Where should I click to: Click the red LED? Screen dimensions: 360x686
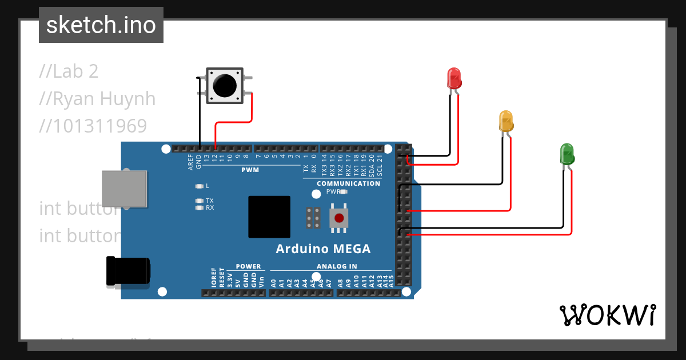click(x=453, y=78)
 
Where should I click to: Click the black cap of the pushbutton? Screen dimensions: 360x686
click(x=224, y=86)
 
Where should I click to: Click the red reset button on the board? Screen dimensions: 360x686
click(x=339, y=218)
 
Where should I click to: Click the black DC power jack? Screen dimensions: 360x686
click(x=128, y=270)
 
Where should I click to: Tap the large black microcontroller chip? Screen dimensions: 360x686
click(x=269, y=217)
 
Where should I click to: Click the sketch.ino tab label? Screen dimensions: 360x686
click(x=101, y=25)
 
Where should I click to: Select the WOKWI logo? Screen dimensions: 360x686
click(x=607, y=315)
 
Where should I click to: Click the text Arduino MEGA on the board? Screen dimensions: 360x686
click(x=323, y=249)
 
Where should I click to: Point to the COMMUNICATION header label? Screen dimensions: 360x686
click(x=348, y=183)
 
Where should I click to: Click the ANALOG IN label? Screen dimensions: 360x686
click(x=337, y=266)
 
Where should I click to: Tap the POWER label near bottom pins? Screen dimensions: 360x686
click(x=248, y=266)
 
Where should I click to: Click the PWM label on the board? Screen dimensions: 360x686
click(x=250, y=170)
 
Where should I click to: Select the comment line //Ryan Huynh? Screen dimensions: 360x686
click(x=97, y=99)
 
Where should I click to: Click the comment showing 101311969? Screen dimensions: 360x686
click(x=93, y=126)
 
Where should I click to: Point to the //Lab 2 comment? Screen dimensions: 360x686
click(x=69, y=71)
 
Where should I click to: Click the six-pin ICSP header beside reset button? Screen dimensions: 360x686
click(x=313, y=218)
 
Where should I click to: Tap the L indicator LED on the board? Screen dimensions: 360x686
click(x=199, y=186)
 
